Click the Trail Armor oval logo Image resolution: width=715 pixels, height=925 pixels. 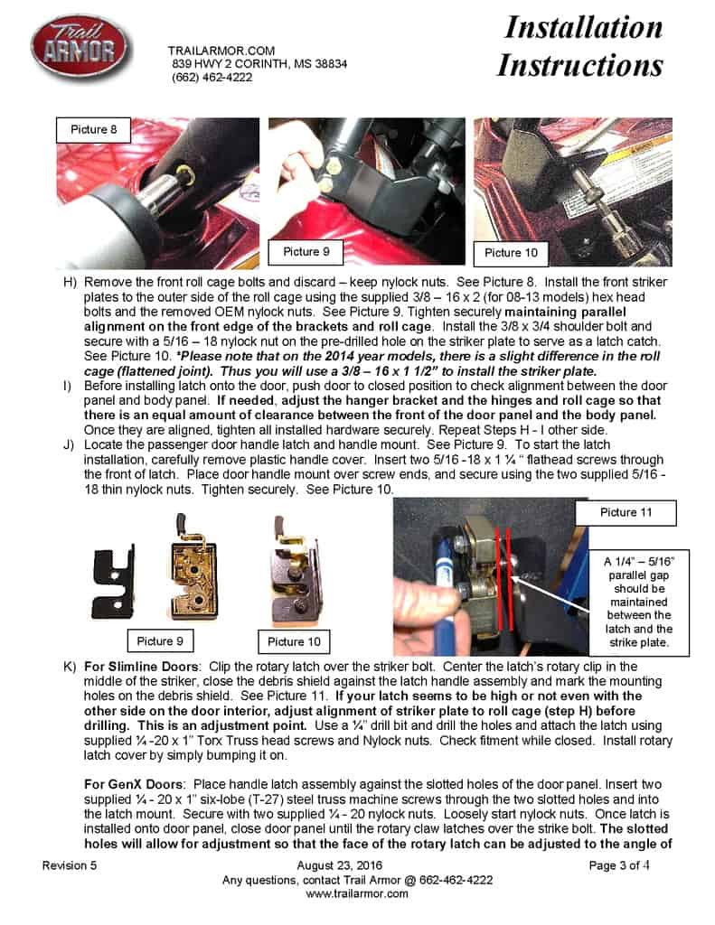point(81,50)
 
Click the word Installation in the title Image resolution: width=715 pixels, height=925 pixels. point(583,27)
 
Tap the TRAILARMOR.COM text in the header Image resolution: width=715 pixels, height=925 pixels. point(221,51)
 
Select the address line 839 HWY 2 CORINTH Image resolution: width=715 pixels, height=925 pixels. point(259,64)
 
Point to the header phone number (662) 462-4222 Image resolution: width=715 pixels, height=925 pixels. point(212,78)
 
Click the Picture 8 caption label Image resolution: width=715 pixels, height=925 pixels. point(94,129)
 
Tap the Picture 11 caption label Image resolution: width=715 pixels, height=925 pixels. point(624,512)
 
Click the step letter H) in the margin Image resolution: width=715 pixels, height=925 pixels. point(70,283)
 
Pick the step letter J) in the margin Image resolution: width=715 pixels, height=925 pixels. point(70,445)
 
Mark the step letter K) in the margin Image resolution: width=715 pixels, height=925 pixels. point(70,668)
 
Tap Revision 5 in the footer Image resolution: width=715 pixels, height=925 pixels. point(70,866)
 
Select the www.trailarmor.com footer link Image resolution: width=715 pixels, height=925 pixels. point(357,893)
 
